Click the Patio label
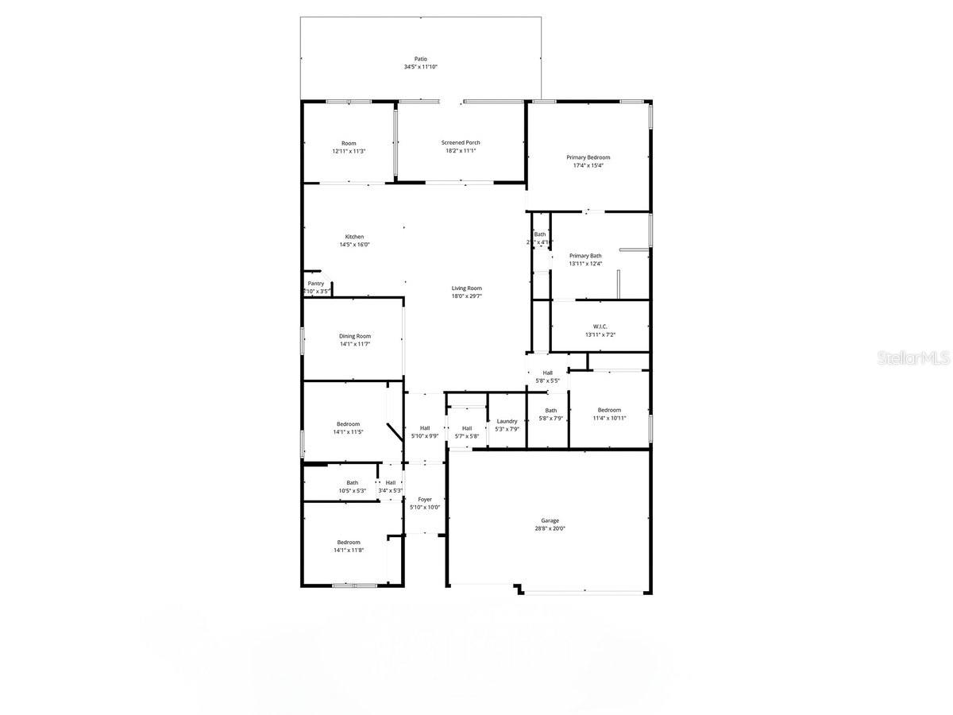click(x=420, y=59)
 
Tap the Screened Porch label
click(x=461, y=143)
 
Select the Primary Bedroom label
click(x=588, y=157)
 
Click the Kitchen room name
click(x=354, y=237)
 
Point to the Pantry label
click(x=316, y=284)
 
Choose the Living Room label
click(x=467, y=288)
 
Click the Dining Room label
click(x=355, y=336)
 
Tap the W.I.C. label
click(x=600, y=327)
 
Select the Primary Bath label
click(x=585, y=256)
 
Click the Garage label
click(x=550, y=521)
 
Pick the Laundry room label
click(x=507, y=421)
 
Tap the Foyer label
click(x=425, y=500)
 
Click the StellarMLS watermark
click(x=912, y=358)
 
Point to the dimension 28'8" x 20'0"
click(x=550, y=529)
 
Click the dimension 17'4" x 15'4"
click(x=588, y=165)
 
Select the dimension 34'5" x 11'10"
click(x=420, y=67)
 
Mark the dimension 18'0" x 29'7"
click(x=467, y=296)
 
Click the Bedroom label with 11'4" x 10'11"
click(x=609, y=410)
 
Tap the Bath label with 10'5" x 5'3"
click(x=352, y=482)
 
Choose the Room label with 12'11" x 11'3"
click(x=349, y=143)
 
